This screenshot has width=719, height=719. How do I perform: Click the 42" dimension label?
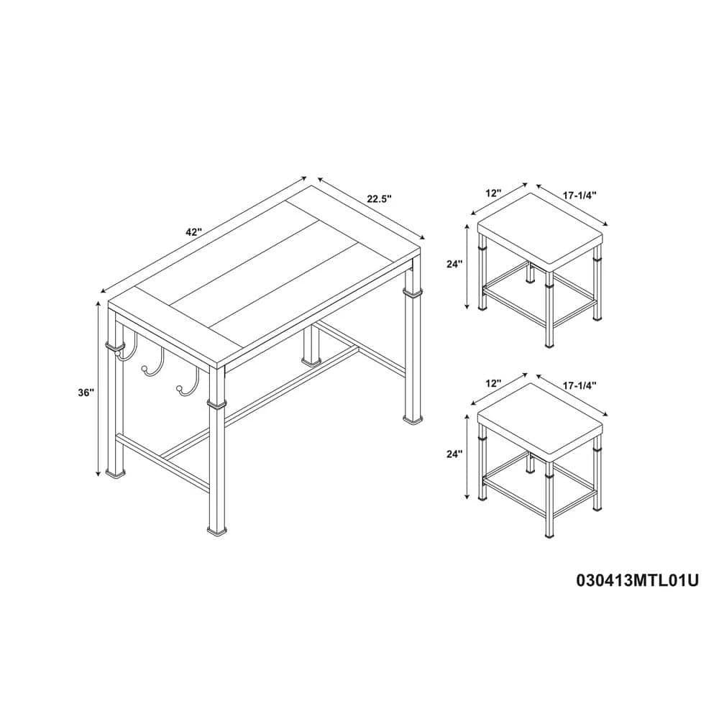pos(194,232)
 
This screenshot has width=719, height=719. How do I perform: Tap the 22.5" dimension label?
pos(379,198)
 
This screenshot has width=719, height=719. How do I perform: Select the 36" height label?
pos(86,393)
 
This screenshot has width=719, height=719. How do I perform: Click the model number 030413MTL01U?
pos(637,580)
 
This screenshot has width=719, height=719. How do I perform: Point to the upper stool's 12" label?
pos(495,193)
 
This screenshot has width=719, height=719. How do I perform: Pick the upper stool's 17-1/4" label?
pos(579,196)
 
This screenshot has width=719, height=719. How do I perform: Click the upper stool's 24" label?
pos(454,264)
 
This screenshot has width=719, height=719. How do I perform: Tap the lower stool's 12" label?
pos(493,383)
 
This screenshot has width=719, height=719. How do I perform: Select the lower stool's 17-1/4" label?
pos(579,385)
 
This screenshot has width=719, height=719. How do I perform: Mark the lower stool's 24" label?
pos(454,454)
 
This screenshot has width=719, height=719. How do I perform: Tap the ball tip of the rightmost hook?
pos(178,389)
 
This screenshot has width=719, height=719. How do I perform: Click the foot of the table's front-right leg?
pos(216,531)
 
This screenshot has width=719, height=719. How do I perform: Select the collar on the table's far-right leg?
pos(412,293)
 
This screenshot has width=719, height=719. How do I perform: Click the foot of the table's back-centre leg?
pos(311,362)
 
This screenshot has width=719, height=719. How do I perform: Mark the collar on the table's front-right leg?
pos(216,403)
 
